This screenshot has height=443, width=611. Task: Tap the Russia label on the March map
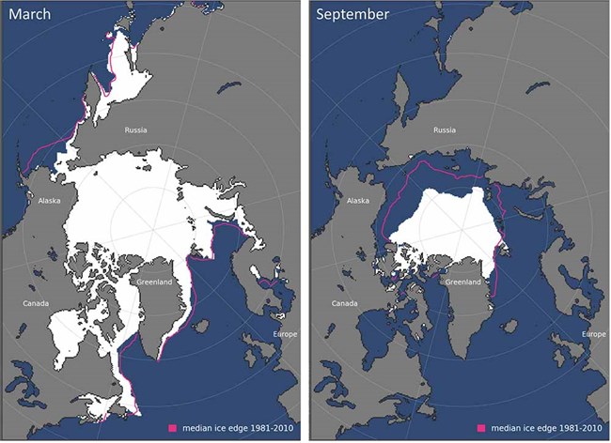[x=137, y=131]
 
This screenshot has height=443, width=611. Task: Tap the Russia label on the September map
[x=445, y=131]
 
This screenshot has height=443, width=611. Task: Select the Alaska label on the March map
[x=49, y=200]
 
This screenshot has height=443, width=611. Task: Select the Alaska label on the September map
[x=358, y=200]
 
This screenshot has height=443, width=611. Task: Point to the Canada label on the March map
[x=38, y=303]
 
